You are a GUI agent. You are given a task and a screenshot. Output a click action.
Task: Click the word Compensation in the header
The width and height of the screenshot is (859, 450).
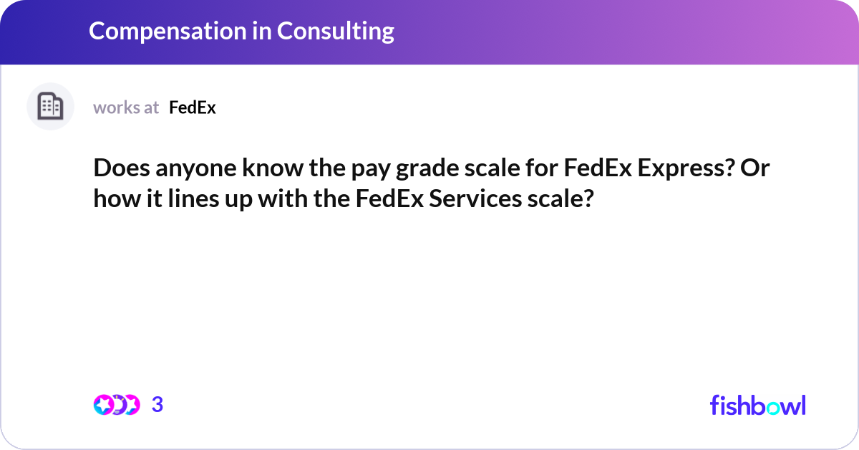[x=168, y=31]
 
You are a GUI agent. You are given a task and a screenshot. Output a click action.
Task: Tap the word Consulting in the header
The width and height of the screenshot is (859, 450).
[x=336, y=32]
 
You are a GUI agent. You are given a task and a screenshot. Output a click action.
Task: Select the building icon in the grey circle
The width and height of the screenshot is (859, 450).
[x=50, y=106]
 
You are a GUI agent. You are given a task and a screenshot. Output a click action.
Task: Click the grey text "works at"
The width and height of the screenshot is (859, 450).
[x=126, y=107]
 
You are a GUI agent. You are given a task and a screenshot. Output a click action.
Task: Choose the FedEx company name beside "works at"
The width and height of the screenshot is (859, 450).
[x=193, y=107]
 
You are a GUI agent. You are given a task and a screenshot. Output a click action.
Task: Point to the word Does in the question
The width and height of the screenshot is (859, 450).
[x=122, y=168]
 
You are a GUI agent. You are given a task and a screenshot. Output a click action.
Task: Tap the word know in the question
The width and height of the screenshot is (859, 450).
[x=273, y=168]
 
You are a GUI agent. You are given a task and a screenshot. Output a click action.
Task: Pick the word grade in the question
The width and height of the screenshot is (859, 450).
[x=427, y=169]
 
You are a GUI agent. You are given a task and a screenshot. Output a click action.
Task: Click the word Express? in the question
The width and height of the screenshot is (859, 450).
[x=686, y=168]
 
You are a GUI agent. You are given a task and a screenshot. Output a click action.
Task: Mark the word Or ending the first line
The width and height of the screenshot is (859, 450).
[x=754, y=168]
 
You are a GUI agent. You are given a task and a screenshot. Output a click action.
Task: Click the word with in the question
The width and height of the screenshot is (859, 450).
[x=283, y=198]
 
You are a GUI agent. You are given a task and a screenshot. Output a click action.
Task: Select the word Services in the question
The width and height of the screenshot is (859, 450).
[x=475, y=198]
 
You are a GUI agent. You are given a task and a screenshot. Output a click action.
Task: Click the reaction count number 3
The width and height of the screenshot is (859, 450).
[x=157, y=405]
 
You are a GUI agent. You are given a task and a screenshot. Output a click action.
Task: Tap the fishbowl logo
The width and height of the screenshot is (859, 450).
[x=758, y=405]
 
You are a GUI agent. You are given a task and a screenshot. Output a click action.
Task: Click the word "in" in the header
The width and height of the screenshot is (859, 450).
[x=262, y=31]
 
